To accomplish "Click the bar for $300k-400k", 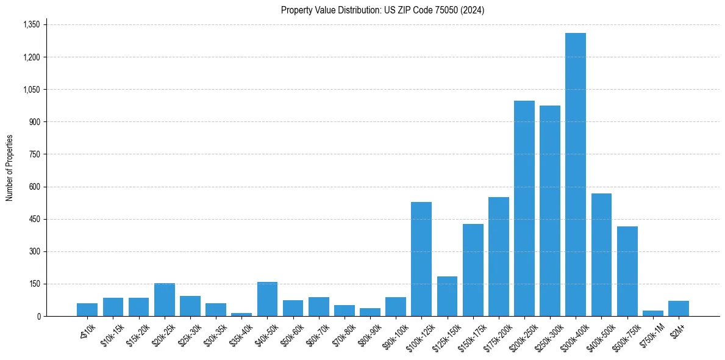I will click(x=575, y=175).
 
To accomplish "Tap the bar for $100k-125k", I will click(x=421, y=259).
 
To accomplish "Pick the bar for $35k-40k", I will click(x=241, y=314).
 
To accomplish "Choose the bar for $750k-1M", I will click(x=652, y=313).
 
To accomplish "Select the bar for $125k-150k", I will click(x=447, y=296).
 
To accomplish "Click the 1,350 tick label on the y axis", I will click(x=30, y=25).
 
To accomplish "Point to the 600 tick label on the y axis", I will click(x=34, y=187).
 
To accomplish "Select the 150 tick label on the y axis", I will click(x=34, y=284).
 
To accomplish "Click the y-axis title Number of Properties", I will click(x=10, y=168).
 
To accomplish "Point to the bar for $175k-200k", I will click(x=498, y=256).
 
